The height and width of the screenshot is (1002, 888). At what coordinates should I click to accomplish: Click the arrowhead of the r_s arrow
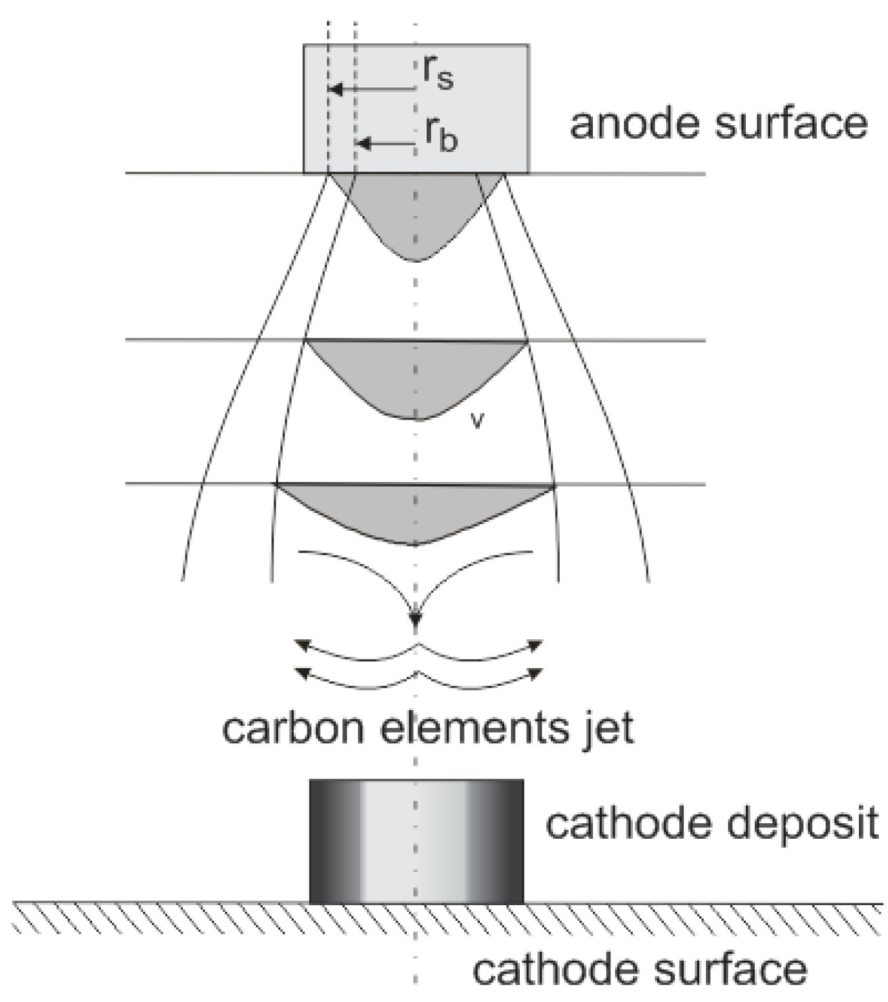[x=334, y=89]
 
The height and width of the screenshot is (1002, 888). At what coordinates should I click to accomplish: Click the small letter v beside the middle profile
[x=478, y=421]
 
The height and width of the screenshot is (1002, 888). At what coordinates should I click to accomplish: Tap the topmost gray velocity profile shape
[x=416, y=210]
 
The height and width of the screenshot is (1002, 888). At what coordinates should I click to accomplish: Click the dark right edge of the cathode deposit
[x=510, y=841]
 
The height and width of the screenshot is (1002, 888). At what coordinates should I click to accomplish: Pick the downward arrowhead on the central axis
[x=416, y=617]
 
